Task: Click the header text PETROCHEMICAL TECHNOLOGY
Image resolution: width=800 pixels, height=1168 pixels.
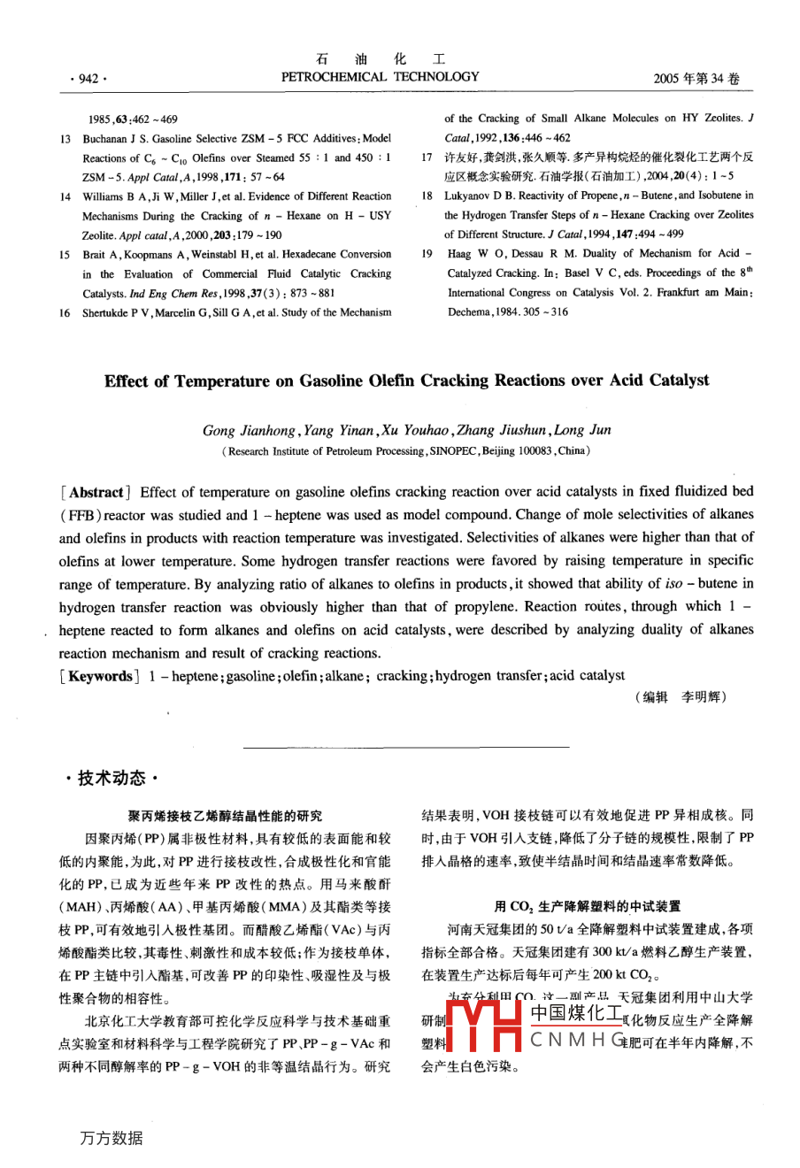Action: click(380, 77)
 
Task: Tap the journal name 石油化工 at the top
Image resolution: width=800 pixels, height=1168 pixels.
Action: click(381, 59)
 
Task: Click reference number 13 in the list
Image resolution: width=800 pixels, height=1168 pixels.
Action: click(65, 139)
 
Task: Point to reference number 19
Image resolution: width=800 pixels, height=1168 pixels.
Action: click(427, 254)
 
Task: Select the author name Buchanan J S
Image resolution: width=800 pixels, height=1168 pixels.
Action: click(115, 139)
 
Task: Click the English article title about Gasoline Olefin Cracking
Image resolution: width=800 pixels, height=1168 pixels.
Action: click(406, 380)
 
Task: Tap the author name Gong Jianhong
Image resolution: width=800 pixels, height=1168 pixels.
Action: click(249, 431)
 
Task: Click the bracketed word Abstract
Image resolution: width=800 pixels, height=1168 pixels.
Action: click(96, 492)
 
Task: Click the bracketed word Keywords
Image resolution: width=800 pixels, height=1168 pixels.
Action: click(100, 676)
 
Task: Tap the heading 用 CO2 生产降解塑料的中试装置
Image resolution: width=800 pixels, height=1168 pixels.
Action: click(587, 906)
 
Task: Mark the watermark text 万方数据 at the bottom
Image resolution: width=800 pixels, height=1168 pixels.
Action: click(111, 1138)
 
